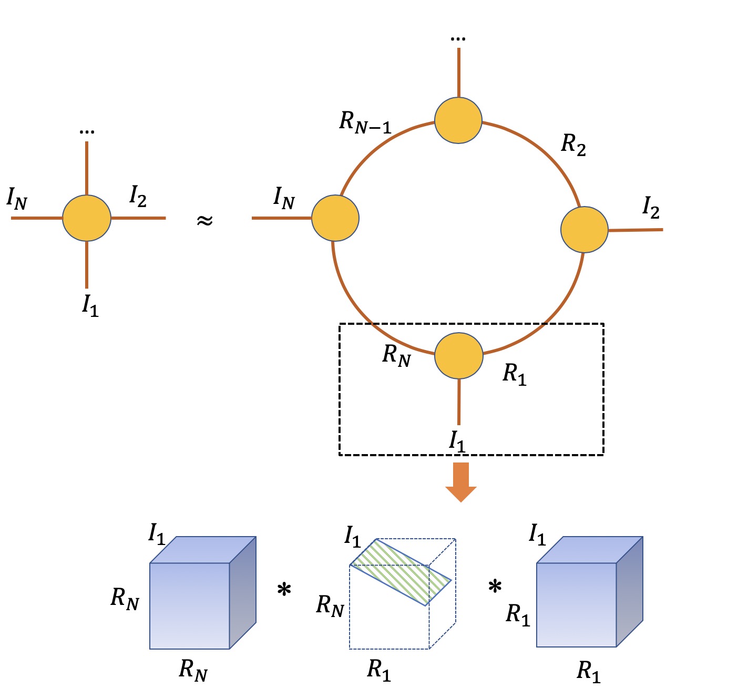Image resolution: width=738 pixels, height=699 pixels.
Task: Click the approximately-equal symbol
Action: (204, 220)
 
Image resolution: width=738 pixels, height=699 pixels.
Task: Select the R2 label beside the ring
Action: (573, 144)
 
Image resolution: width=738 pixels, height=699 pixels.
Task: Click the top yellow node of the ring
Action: (458, 120)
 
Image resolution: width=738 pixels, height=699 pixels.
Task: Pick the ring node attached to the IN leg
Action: (335, 218)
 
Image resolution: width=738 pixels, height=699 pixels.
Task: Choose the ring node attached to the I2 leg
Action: (585, 230)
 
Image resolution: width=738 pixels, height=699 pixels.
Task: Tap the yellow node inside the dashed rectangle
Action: (459, 356)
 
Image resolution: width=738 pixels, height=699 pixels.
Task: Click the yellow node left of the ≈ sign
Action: (87, 218)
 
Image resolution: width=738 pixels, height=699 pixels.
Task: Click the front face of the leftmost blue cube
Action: (190, 606)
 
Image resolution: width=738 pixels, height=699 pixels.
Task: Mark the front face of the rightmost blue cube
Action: (576, 604)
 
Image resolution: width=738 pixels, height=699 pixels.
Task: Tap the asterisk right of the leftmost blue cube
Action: (284, 590)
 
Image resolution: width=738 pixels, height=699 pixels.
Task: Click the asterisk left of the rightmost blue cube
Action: (495, 587)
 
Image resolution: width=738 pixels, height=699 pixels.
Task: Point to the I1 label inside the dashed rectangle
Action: (457, 441)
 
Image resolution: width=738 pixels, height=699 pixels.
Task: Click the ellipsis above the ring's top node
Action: (458, 38)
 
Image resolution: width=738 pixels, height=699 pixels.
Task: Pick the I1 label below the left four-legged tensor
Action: (90, 305)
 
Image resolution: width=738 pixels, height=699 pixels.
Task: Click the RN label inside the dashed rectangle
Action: (396, 355)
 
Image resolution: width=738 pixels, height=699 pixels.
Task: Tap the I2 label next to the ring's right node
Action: (651, 208)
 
